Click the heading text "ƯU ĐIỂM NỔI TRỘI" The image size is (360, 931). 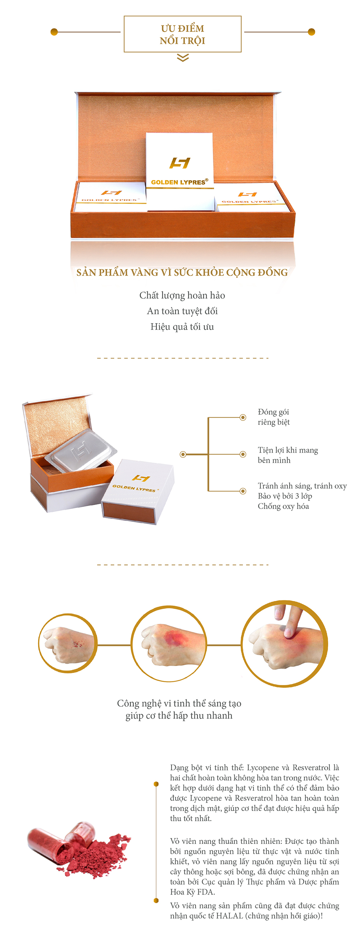click(182, 34)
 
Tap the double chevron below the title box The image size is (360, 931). click(183, 57)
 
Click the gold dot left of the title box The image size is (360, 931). click(54, 32)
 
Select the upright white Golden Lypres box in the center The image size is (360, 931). click(180, 171)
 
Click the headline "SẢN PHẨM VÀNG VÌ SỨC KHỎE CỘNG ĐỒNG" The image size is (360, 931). click(182, 272)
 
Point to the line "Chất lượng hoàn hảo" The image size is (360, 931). click(182, 295)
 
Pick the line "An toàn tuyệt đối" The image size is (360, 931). click(182, 311)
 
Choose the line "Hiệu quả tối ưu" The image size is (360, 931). click(182, 327)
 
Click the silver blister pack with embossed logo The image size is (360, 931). click(81, 450)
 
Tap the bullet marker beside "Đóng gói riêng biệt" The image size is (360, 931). click(243, 417)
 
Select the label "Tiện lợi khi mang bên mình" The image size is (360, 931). click(288, 455)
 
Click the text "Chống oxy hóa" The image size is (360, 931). click(283, 506)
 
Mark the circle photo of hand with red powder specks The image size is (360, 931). click(68, 643)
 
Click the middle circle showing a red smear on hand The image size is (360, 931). click(169, 644)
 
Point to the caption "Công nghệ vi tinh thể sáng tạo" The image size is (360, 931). click(179, 703)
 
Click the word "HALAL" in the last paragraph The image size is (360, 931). click(229, 916)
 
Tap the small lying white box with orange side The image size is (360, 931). click(138, 491)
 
